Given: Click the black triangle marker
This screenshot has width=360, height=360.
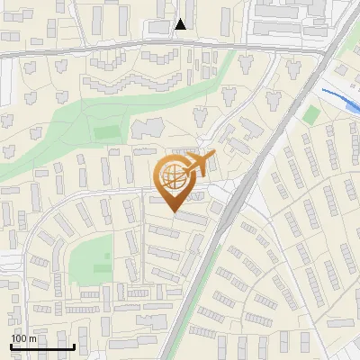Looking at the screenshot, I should tap(181, 24).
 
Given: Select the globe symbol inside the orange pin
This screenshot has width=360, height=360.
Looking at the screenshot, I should tap(172, 177).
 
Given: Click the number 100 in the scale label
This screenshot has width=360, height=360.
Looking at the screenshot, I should tap(19, 337).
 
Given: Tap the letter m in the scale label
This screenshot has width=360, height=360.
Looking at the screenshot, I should tap(33, 337).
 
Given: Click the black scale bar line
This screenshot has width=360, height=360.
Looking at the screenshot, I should tap(41, 346).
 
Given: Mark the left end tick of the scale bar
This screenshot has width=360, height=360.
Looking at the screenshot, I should tap(11, 345).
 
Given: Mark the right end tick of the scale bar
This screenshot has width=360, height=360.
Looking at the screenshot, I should tap(73, 345).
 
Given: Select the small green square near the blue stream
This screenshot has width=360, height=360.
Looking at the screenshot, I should tap(311, 114).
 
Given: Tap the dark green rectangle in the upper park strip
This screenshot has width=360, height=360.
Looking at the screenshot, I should tap(107, 132).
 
